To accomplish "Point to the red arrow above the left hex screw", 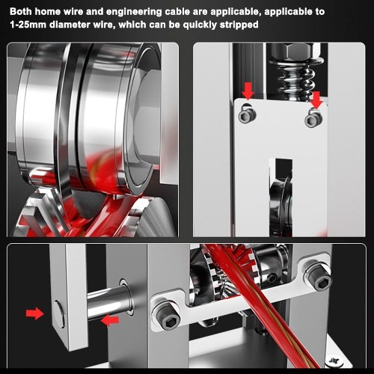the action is coord(248,91).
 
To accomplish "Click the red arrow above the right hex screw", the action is coord(316,100).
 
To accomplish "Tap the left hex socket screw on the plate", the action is coord(247,115).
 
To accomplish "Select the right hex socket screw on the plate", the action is coord(313,120).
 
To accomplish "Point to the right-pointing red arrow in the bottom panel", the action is coord(34,313).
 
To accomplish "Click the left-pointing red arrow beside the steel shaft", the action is coord(110,320).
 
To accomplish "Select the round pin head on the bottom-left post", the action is coord(59,314).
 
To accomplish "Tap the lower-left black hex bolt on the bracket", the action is coord(167,317).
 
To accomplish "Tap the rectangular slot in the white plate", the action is coord(280,197).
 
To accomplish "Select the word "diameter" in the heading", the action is coord(82,25).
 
